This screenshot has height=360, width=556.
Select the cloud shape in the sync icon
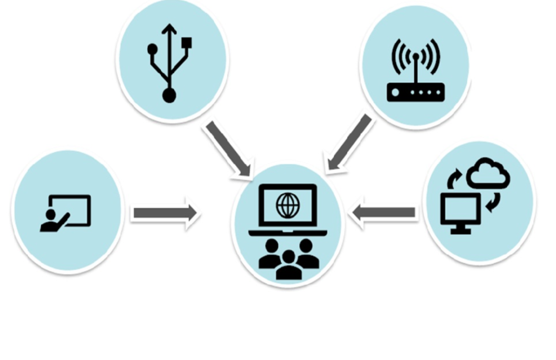(488, 173)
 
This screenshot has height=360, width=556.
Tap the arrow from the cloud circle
(384, 212)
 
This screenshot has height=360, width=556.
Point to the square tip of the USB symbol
(187, 42)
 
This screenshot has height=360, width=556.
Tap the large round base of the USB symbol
(170, 95)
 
